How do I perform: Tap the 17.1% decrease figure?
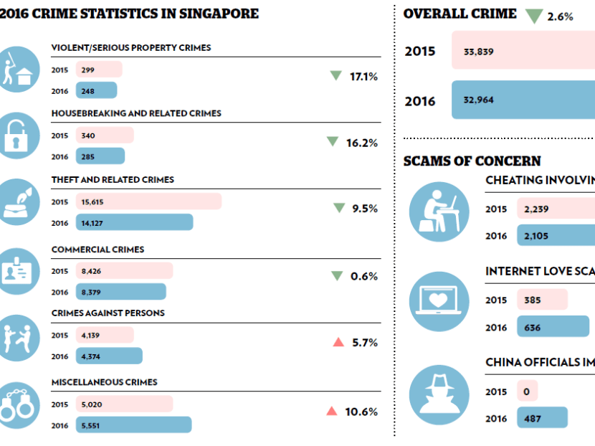click(363, 76)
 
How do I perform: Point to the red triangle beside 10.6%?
click(331, 411)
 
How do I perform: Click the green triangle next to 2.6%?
click(533, 16)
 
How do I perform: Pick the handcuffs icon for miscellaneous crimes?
click(19, 405)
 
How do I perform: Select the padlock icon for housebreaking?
click(19, 136)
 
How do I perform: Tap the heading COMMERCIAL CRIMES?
click(97, 250)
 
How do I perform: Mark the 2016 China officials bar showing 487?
click(542, 418)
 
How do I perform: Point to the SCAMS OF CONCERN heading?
click(472, 161)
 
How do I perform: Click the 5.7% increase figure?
click(365, 343)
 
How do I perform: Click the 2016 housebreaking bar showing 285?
click(97, 156)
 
